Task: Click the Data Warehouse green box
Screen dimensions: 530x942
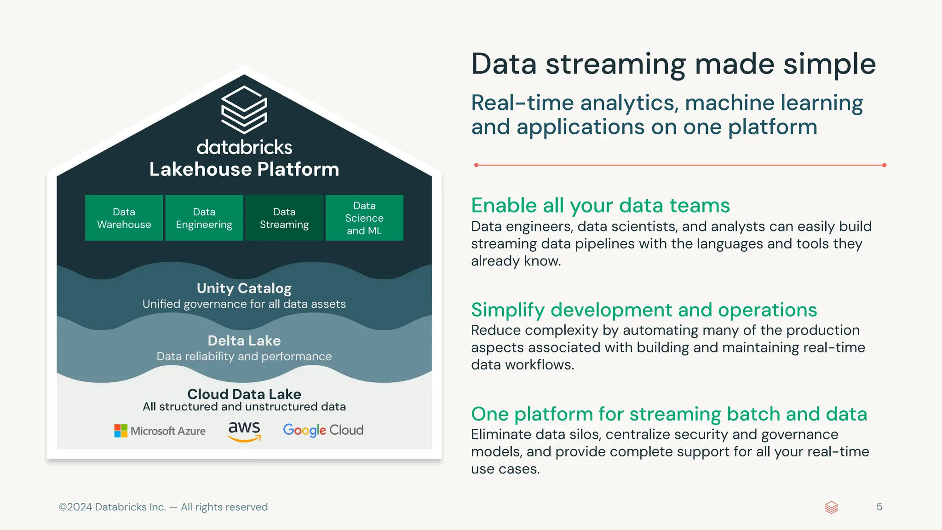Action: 124,218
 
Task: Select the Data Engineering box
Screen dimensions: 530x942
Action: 204,218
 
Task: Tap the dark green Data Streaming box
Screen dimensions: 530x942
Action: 284,218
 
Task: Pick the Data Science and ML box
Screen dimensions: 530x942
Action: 364,218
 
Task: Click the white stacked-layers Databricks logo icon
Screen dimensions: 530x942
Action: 244,109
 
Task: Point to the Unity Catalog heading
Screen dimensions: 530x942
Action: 244,288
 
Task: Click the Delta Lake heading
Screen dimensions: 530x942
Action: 244,341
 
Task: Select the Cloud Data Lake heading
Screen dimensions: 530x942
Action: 244,394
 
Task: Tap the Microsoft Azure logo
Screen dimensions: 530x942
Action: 160,431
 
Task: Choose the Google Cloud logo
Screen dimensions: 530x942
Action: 323,430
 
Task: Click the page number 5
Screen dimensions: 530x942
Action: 879,507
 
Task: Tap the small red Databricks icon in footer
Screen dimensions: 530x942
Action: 831,507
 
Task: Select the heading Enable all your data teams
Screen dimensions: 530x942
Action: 600,206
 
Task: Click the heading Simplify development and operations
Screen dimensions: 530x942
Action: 644,310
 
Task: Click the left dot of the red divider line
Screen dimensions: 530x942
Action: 476,165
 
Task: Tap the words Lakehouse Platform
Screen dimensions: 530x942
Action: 244,169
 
